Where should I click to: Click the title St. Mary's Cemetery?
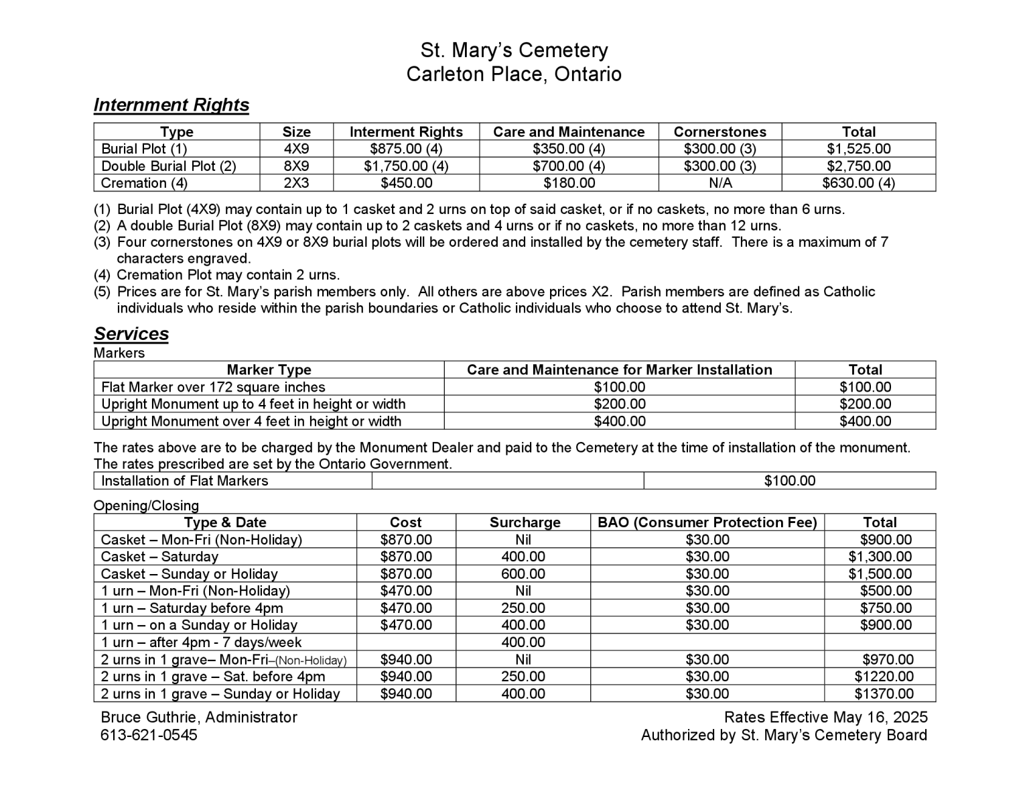(514, 50)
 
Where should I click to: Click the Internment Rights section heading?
(171, 105)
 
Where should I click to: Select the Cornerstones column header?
(719, 132)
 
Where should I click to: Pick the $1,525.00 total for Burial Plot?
(858, 149)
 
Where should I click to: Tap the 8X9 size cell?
(296, 166)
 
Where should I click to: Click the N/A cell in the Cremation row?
(719, 183)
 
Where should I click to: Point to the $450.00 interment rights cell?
(406, 183)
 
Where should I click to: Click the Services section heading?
(131, 334)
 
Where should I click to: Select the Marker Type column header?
(269, 370)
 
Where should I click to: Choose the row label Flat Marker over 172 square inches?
(213, 388)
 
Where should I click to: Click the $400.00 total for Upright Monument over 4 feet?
(865, 422)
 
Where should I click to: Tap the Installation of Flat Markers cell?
(184, 481)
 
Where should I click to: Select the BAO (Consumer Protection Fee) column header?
(707, 523)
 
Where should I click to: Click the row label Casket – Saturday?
(159, 557)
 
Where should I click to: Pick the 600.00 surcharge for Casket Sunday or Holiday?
(523, 574)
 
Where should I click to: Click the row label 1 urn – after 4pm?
(201, 642)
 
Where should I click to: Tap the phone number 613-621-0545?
(149, 735)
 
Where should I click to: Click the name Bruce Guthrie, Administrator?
(199, 718)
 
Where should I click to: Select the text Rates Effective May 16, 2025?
(825, 718)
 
